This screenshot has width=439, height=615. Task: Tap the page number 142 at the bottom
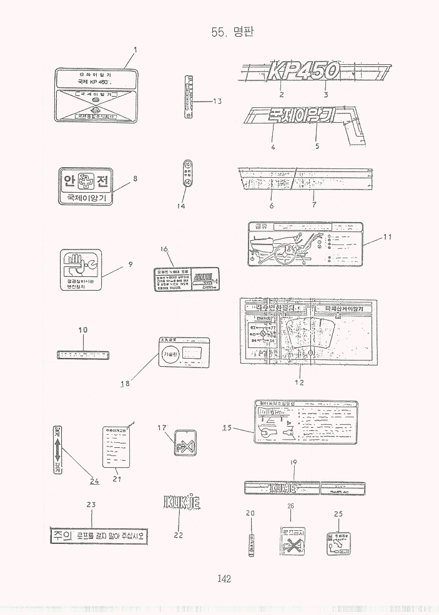(x=224, y=579)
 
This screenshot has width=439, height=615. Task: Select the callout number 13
(x=217, y=100)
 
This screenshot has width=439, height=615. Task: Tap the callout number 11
(x=388, y=236)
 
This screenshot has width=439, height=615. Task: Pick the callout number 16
(x=165, y=248)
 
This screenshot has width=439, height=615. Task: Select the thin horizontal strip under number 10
(x=83, y=354)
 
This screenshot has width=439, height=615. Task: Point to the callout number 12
(x=299, y=382)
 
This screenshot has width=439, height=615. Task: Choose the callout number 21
(x=117, y=479)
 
